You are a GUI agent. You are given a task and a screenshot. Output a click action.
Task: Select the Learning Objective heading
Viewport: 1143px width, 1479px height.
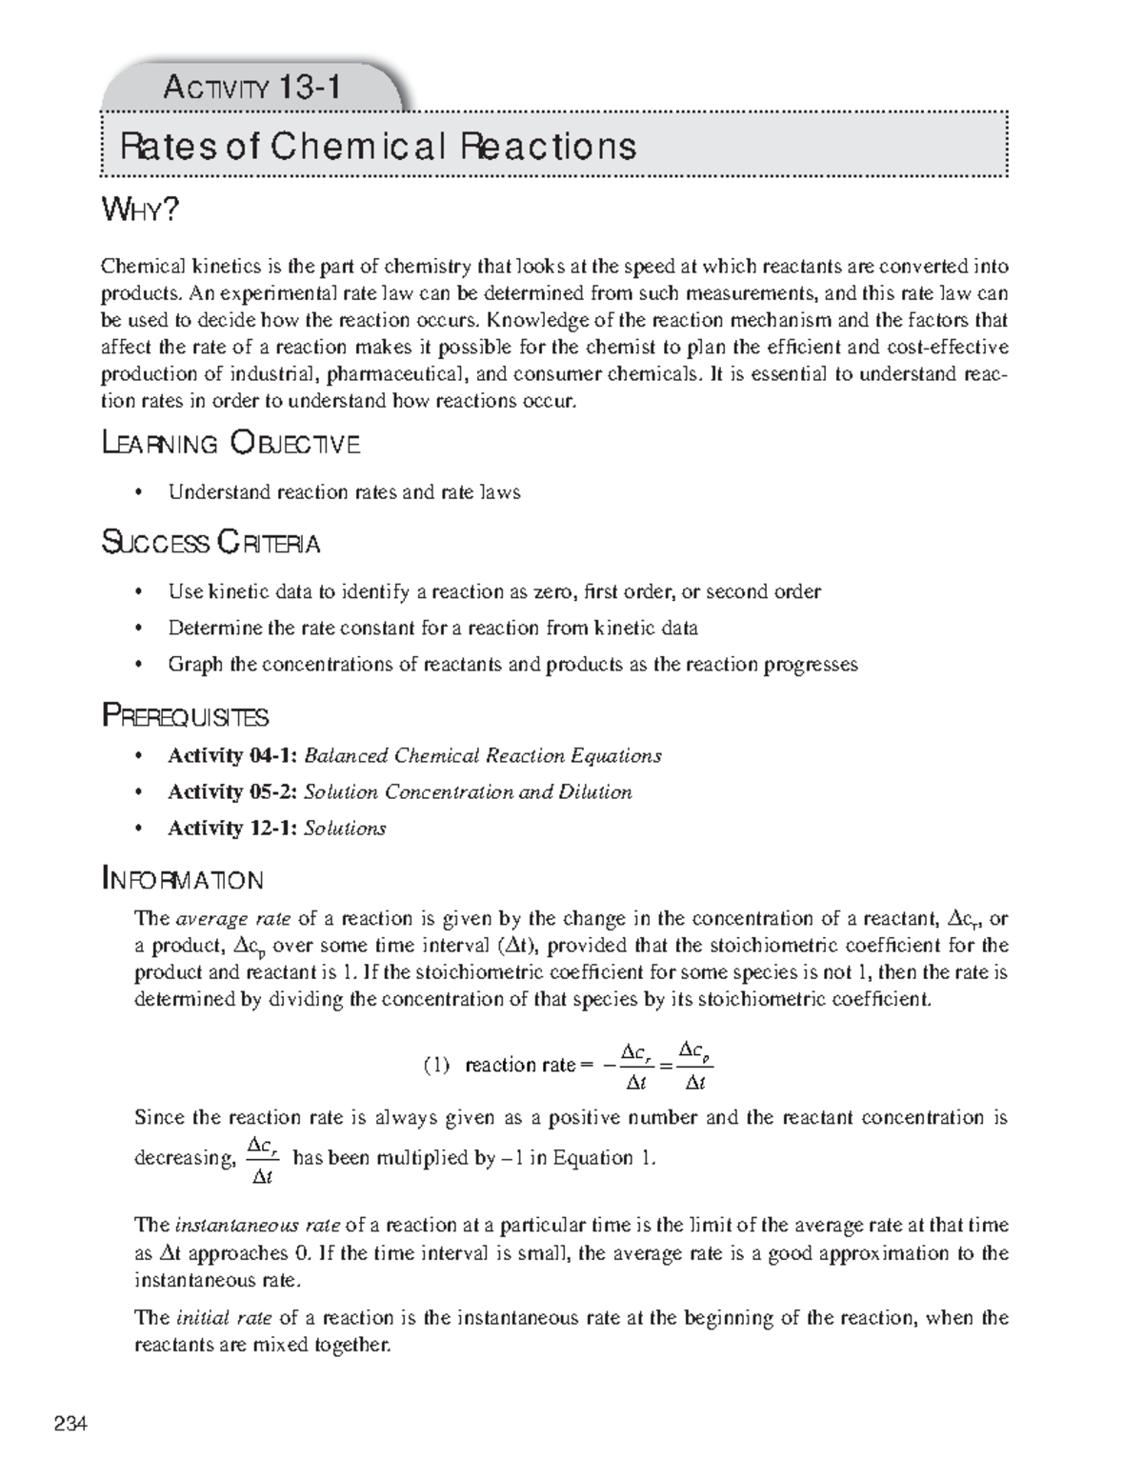[231, 443]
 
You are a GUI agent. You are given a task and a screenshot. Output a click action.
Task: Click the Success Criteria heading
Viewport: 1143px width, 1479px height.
[211, 543]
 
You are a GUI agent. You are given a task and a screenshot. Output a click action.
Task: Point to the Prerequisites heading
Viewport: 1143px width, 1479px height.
[186, 715]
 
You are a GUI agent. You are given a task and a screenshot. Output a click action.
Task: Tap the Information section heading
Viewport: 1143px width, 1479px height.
[183, 878]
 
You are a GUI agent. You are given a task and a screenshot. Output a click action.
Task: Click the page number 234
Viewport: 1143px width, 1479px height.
[70, 1425]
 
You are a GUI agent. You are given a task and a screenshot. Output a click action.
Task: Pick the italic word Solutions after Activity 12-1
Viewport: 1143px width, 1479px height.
[344, 829]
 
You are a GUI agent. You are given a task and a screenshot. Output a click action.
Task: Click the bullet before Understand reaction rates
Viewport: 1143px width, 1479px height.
[140, 492]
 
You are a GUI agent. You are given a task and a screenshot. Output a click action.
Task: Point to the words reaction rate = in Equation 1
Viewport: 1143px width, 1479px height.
[521, 1066]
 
